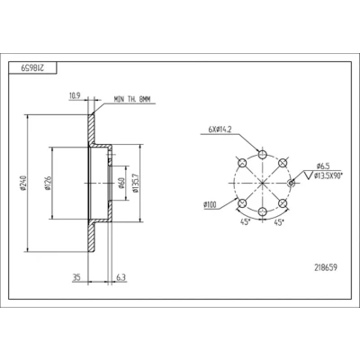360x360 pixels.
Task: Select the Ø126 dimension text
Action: (47, 184)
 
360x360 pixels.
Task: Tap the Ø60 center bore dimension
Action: (121, 184)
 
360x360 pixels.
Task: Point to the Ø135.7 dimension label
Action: (135, 184)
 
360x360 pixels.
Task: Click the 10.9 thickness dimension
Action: (75, 96)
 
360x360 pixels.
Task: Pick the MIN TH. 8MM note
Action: (132, 100)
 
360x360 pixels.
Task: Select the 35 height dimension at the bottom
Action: (76, 277)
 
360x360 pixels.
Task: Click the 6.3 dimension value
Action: (121, 277)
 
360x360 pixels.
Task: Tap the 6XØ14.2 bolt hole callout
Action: (220, 130)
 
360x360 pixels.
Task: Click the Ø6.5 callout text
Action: (323, 166)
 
